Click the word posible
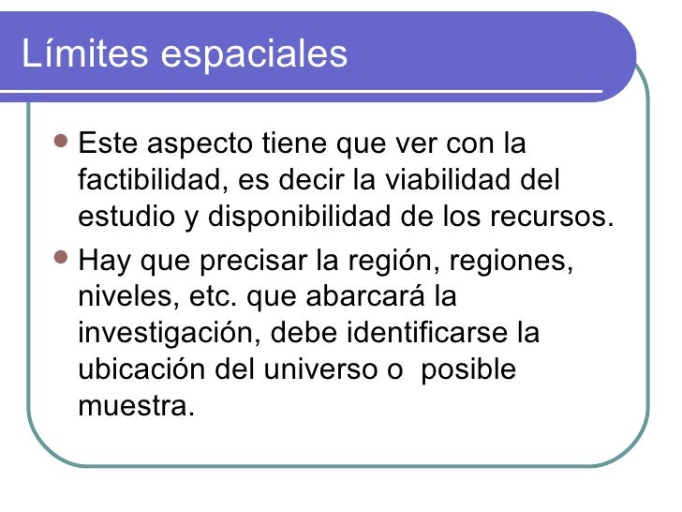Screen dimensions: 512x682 tap(468, 369)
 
